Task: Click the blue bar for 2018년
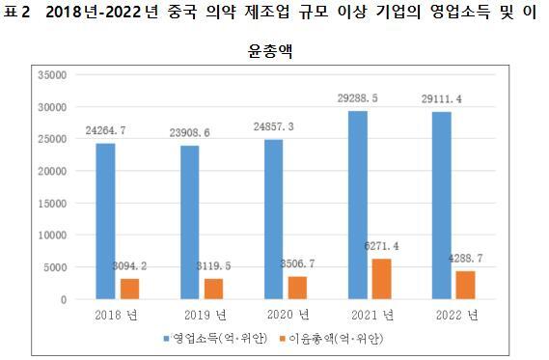(106, 221)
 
